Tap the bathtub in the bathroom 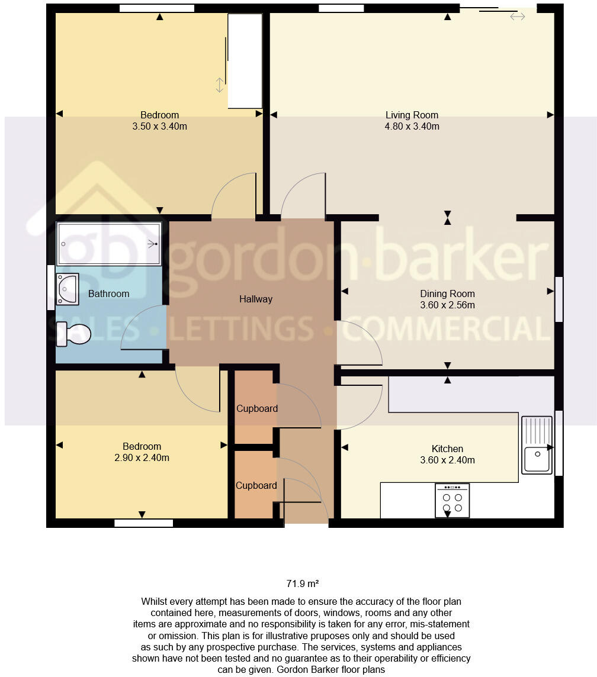point(109,243)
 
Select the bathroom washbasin point(68,289)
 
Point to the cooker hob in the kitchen point(452,501)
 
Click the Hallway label point(256,299)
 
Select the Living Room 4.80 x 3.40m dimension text point(412,126)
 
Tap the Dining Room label point(447,294)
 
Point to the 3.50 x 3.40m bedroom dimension point(159,126)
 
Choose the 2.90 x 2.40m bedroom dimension point(142,457)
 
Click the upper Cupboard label point(257,408)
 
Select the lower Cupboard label point(256,485)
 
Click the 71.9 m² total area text point(303,583)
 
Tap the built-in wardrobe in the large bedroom point(245,61)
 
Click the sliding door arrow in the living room point(517,17)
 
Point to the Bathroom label point(108,294)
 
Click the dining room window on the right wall point(559,299)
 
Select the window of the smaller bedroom point(143,523)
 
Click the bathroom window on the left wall point(50,287)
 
